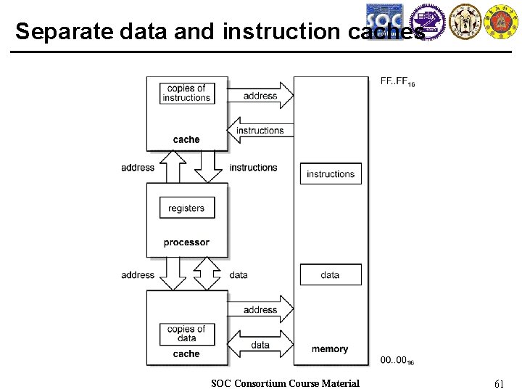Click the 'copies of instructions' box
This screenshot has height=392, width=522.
187,93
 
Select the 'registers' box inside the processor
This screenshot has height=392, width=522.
186,208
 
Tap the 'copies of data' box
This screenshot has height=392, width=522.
186,333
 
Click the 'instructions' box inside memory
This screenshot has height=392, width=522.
331,174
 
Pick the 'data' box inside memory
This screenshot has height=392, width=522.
331,275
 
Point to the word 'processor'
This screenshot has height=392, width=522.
186,242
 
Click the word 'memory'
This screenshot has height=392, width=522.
330,349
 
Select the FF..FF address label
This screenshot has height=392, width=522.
397,81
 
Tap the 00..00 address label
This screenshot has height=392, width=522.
397,359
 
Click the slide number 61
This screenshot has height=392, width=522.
499,383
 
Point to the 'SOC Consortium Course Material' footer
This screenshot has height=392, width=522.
285,383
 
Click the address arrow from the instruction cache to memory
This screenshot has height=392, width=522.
261,96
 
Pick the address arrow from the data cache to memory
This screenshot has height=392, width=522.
261,309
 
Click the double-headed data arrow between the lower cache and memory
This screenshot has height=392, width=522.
261,346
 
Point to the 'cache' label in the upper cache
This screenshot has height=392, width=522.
186,139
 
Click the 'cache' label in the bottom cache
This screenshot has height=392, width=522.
186,354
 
